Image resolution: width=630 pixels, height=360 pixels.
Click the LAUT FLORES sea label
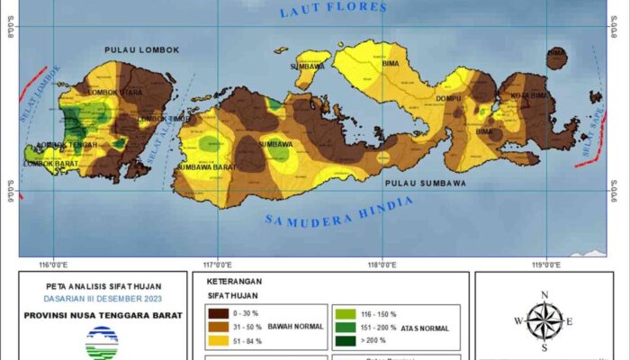point(333,10)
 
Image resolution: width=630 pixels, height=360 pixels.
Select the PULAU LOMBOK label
point(142,50)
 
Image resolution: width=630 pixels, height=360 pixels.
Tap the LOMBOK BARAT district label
point(49,163)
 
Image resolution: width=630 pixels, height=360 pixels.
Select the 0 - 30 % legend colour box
point(217,313)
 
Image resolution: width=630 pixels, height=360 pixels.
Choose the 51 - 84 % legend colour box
point(217,340)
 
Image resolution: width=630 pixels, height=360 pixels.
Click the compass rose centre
point(544,321)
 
